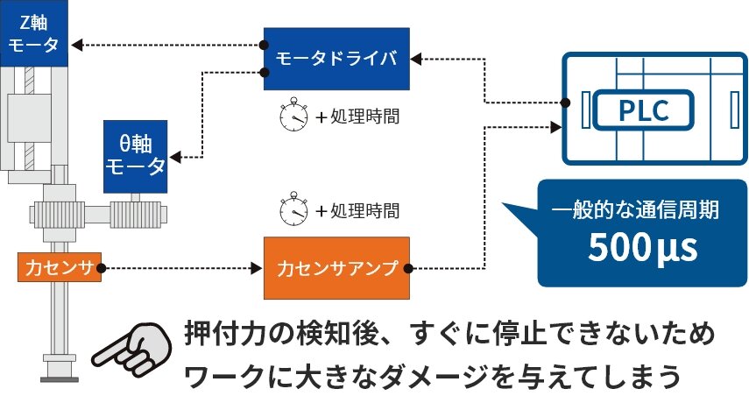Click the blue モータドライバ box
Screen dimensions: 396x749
tap(336, 59)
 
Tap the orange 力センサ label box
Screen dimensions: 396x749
tap(59, 265)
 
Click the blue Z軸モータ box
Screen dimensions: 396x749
tap(32, 33)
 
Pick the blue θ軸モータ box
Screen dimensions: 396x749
tap(135, 156)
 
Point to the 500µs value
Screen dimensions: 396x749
tap(642, 248)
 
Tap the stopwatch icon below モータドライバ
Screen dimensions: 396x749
tap(293, 117)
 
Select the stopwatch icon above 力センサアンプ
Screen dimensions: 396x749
tap(293, 210)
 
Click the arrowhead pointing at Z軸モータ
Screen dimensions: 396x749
tap(76, 43)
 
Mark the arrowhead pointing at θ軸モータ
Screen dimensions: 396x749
tap(176, 158)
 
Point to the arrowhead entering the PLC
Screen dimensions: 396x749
tap(555, 127)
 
